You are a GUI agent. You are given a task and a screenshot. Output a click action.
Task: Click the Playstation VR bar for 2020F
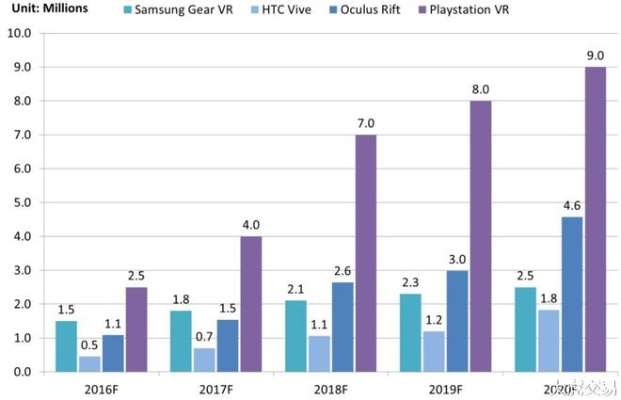click(x=595, y=219)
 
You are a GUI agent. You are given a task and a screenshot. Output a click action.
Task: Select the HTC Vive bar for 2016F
click(x=90, y=364)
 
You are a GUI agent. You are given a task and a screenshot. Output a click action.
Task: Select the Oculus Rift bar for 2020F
click(x=570, y=294)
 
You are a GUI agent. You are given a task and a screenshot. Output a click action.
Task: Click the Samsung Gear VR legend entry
click(x=185, y=11)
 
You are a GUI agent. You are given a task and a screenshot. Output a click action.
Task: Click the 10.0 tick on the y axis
click(x=20, y=33)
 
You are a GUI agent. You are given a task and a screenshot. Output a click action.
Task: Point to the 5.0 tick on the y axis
click(x=20, y=203)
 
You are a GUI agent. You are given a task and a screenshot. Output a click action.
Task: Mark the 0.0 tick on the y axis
click(x=20, y=372)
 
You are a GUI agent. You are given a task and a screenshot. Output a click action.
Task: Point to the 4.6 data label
click(x=570, y=206)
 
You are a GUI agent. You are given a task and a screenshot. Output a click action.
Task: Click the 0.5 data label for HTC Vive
click(x=90, y=346)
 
